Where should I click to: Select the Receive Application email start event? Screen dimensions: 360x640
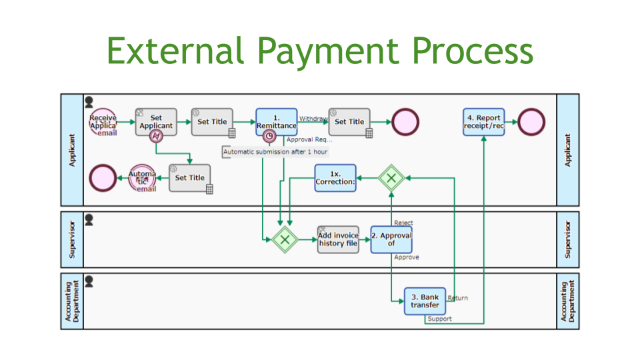click(103, 122)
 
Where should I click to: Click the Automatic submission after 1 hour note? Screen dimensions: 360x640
click(275, 152)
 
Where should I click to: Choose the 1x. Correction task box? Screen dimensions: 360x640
click(335, 178)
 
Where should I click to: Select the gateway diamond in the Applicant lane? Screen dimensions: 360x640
click(391, 178)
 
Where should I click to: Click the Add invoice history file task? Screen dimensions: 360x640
click(338, 239)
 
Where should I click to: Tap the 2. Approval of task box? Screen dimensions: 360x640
click(391, 239)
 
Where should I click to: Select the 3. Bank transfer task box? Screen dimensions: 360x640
click(425, 301)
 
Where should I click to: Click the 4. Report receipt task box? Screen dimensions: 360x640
click(483, 122)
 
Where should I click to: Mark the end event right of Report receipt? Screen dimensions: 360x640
click(531, 122)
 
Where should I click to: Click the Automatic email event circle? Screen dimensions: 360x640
click(142, 179)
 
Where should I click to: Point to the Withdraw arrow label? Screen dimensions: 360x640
click(312, 118)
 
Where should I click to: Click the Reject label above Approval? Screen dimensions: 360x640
click(403, 223)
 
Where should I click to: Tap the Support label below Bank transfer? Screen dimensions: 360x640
click(440, 319)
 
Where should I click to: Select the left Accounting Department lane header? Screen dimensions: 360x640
click(71, 301)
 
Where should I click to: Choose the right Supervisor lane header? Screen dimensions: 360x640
click(568, 239)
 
